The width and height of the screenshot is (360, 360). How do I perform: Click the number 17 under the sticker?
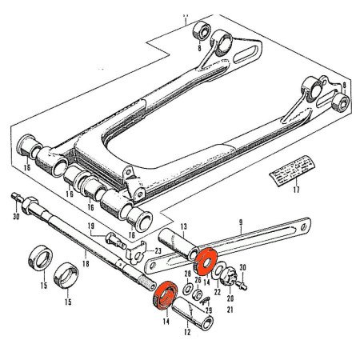point(295,190)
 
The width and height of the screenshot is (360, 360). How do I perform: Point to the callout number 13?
point(182,226)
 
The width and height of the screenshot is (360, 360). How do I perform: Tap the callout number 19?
point(90,226)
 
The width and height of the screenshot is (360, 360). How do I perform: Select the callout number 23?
point(158,251)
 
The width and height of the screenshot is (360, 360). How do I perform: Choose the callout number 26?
point(198,280)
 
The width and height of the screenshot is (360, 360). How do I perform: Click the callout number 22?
point(216,294)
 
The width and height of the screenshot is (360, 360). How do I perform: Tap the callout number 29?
point(209,310)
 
